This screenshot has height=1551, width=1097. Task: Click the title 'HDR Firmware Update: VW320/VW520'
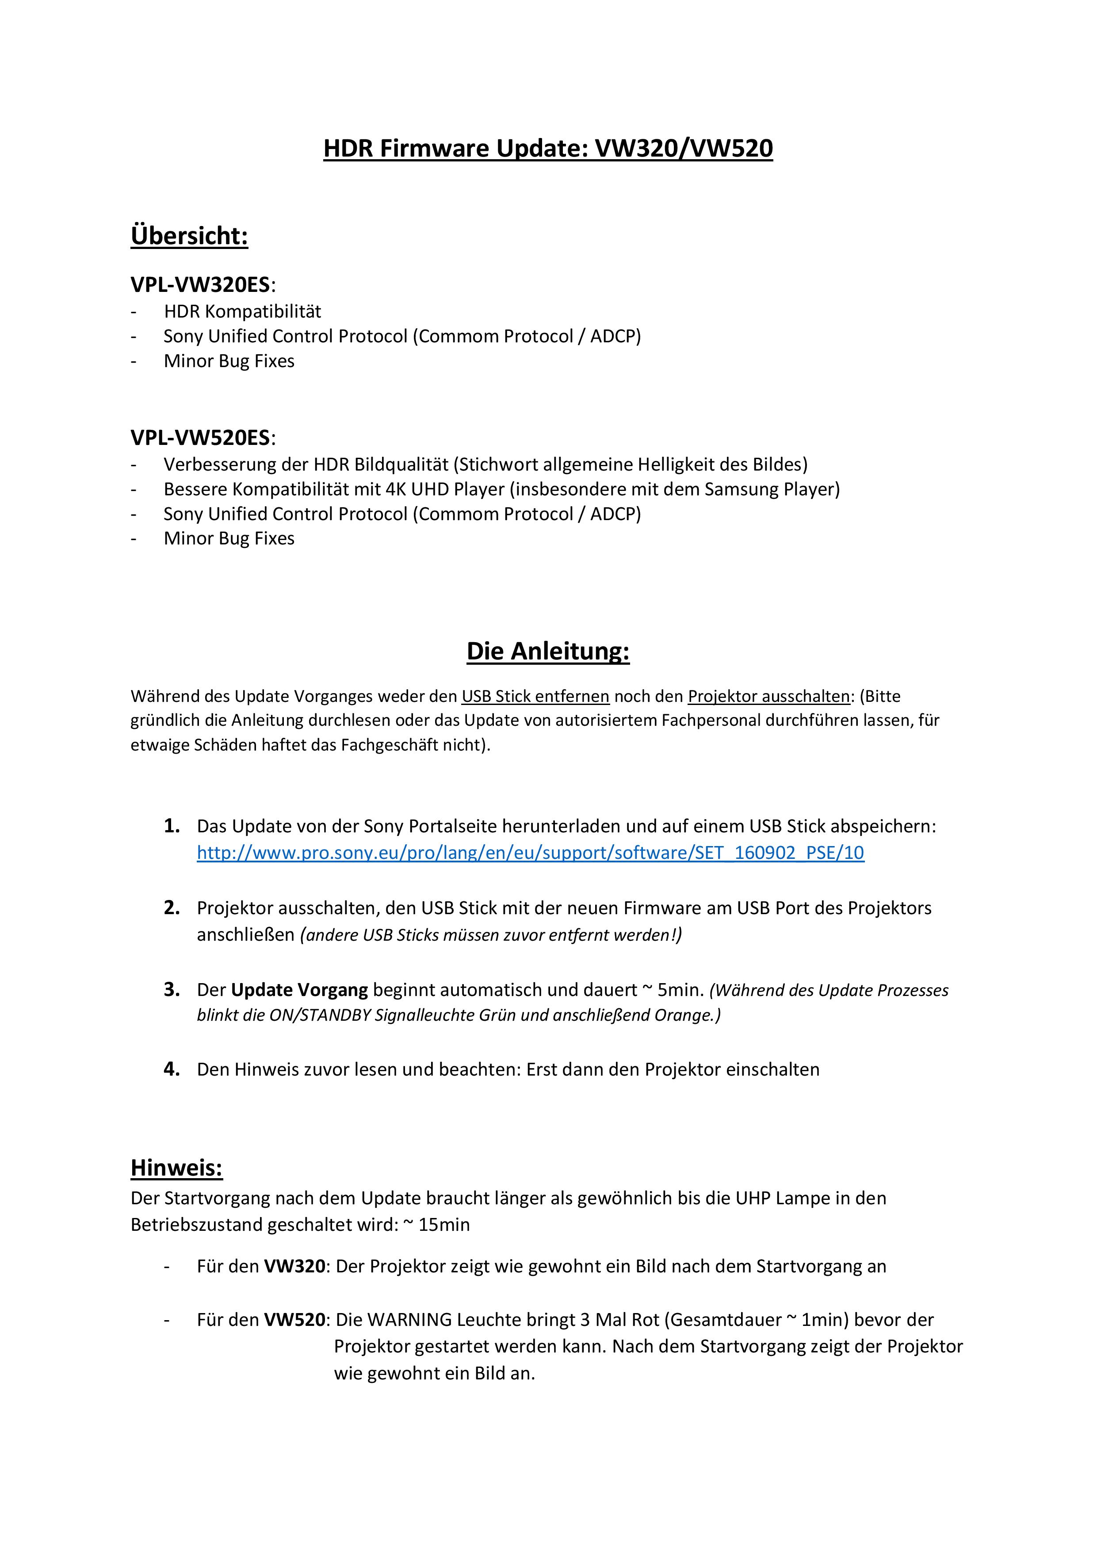(x=548, y=149)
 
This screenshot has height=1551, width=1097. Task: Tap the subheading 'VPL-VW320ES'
(x=200, y=285)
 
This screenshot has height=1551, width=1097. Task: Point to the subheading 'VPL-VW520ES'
(x=200, y=438)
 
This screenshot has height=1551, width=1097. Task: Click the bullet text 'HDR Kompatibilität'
(x=242, y=311)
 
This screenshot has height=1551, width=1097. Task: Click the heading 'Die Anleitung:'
(x=548, y=651)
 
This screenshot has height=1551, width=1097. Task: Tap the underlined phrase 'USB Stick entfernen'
(x=535, y=697)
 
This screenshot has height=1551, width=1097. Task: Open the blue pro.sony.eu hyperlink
(x=530, y=853)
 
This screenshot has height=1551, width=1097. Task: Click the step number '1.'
(x=172, y=826)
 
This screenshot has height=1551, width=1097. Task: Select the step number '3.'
(x=172, y=990)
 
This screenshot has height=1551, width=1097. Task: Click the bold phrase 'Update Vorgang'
(x=299, y=990)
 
